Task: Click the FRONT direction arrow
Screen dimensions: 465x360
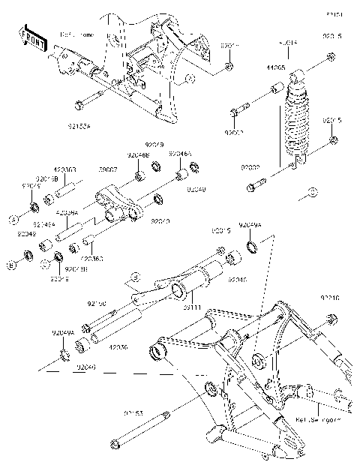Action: [31, 37]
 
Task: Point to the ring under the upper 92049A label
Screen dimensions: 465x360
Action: [253, 247]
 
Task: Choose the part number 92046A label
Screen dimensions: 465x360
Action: [180, 153]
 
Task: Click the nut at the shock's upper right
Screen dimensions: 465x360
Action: [331, 58]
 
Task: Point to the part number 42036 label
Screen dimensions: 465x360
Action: [120, 348]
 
